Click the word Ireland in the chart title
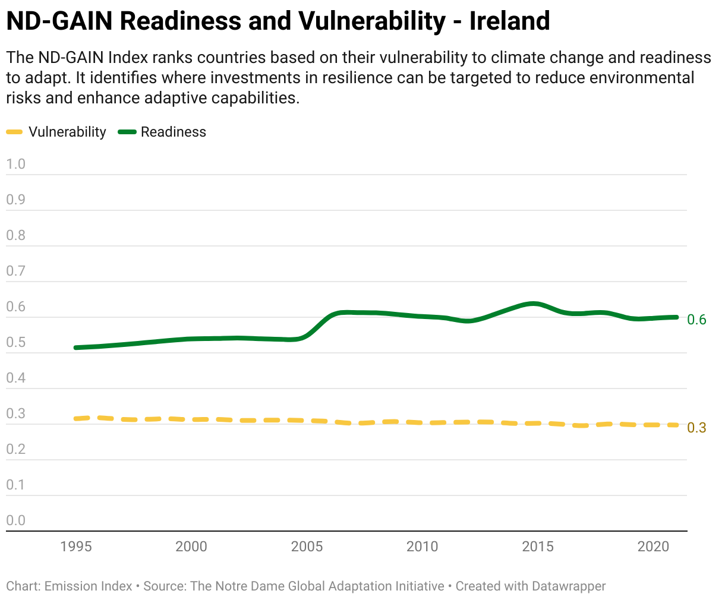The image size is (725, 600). pyautogui.click(x=509, y=21)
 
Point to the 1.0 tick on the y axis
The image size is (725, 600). pyautogui.click(x=16, y=164)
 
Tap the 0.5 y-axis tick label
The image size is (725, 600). pyautogui.click(x=16, y=342)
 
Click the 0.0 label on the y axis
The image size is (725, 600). pyautogui.click(x=16, y=520)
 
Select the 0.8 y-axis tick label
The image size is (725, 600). pyautogui.click(x=16, y=235)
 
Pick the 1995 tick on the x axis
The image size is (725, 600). pyautogui.click(x=76, y=547)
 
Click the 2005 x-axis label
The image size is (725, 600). pyautogui.click(x=307, y=547)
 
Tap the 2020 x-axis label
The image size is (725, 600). pyautogui.click(x=654, y=547)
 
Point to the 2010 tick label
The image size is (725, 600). pyautogui.click(x=423, y=547)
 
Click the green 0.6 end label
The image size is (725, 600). pyautogui.click(x=696, y=320)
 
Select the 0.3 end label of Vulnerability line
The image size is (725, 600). pyautogui.click(x=696, y=428)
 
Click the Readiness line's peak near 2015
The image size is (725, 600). pyautogui.click(x=533, y=304)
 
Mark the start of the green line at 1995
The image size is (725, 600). pyautogui.click(x=76, y=348)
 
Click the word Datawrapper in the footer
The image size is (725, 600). pyautogui.click(x=569, y=586)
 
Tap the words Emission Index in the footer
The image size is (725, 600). pyautogui.click(x=89, y=586)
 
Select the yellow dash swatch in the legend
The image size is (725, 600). pyautogui.click(x=14, y=132)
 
